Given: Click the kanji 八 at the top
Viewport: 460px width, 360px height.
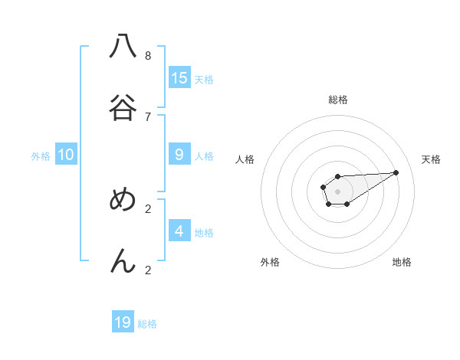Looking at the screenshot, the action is pos(123,47).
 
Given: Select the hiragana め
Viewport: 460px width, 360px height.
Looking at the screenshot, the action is pos(123,200).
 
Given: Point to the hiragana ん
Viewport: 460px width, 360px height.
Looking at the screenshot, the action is pos(123,261).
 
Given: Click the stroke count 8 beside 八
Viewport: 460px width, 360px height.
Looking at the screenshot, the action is pos(148,55).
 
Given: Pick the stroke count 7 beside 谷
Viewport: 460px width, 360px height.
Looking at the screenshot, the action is pos(148,116).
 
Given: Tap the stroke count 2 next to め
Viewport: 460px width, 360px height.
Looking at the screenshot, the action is pos(148,208).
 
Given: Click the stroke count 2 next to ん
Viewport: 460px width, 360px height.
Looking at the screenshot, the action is pos(148,270).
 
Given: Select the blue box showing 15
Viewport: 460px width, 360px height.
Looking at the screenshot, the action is pos(179,77).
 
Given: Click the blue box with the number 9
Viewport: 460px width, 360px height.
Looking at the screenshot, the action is pos(179,154).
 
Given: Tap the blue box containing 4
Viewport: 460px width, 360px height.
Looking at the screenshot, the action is pos(179,231).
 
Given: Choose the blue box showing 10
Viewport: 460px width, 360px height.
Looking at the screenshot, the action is pos(66,154).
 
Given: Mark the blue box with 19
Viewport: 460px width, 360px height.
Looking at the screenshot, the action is pos(123,322).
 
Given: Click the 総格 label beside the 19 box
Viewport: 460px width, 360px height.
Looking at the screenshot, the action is pos(147,324).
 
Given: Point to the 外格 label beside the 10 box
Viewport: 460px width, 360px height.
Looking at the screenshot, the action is pos(41,155).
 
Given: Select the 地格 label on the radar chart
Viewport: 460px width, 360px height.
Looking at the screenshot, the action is pos(402,262).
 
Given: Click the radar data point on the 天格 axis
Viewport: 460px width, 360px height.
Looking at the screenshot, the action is pos(396,172).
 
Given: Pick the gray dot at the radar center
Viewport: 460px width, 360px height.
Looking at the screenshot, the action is pos(337,191).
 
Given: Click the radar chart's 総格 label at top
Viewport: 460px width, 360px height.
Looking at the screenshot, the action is pos(338,100).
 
